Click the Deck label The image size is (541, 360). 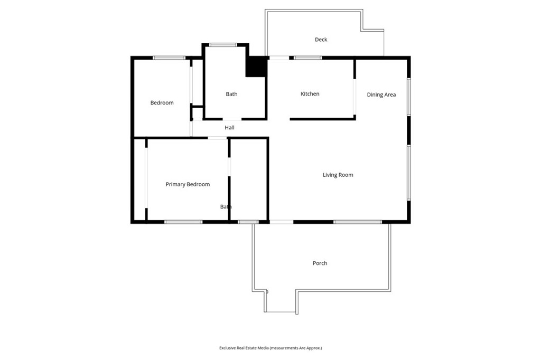[x=321, y=40]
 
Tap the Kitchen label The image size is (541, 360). [x=310, y=94]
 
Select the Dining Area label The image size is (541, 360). [x=381, y=95]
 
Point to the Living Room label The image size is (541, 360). [x=338, y=175]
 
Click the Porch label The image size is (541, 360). [x=320, y=263]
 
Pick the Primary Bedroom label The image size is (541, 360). [x=188, y=184]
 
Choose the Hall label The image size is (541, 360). [x=229, y=128]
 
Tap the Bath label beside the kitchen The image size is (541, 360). [x=231, y=94]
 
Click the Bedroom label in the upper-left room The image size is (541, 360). [x=162, y=103]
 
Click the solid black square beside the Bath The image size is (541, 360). [x=256, y=67]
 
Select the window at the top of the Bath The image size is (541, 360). [x=223, y=45]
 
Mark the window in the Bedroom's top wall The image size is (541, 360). [x=169, y=58]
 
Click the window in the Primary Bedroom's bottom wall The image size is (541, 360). [x=183, y=222]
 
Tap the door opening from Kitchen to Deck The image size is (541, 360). [x=279, y=58]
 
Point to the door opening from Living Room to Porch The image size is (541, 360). [x=281, y=222]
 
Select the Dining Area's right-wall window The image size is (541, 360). [x=408, y=97]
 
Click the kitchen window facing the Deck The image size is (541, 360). [x=308, y=58]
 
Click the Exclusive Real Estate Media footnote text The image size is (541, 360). [x=270, y=348]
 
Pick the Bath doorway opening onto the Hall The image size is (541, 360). [x=232, y=119]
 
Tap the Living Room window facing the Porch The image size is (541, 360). [x=358, y=222]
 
